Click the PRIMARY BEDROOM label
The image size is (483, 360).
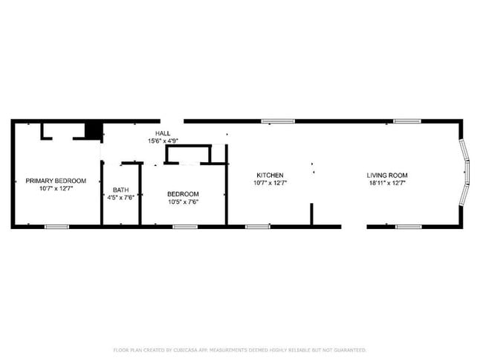click(x=56, y=181)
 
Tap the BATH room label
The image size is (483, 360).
click(x=120, y=190)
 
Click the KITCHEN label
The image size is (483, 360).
click(x=270, y=176)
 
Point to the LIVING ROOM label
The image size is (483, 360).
click(x=387, y=176)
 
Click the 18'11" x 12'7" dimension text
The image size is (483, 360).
click(x=387, y=183)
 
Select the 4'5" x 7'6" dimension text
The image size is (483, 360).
click(x=120, y=197)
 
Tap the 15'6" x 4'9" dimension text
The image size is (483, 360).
click(x=163, y=141)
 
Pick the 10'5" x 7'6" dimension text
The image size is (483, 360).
click(x=183, y=202)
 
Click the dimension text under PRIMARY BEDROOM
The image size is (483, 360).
click(x=56, y=189)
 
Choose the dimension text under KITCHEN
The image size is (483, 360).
click(x=270, y=183)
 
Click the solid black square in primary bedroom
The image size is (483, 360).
click(x=93, y=131)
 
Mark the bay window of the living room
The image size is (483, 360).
click(x=464, y=173)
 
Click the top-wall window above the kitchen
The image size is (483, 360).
click(x=277, y=120)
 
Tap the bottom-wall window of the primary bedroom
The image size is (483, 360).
click(x=56, y=226)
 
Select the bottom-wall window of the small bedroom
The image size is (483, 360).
click(x=185, y=226)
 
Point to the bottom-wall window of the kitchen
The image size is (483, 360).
click(x=257, y=226)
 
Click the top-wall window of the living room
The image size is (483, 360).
click(x=407, y=120)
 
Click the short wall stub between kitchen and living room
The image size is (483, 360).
click(x=311, y=213)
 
